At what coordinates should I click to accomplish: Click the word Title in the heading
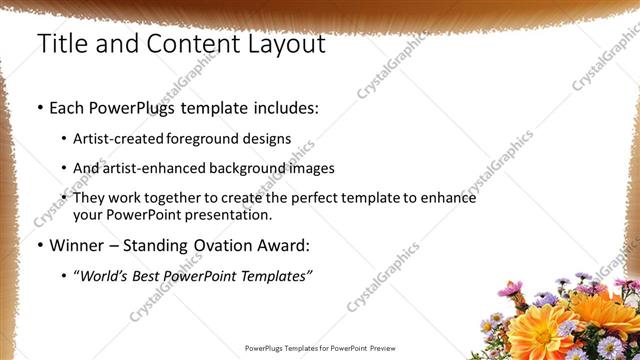[x=61, y=44]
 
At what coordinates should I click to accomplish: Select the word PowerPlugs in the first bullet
[x=128, y=106]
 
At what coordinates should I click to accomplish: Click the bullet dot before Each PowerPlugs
[x=39, y=107]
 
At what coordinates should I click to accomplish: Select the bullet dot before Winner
[x=39, y=245]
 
